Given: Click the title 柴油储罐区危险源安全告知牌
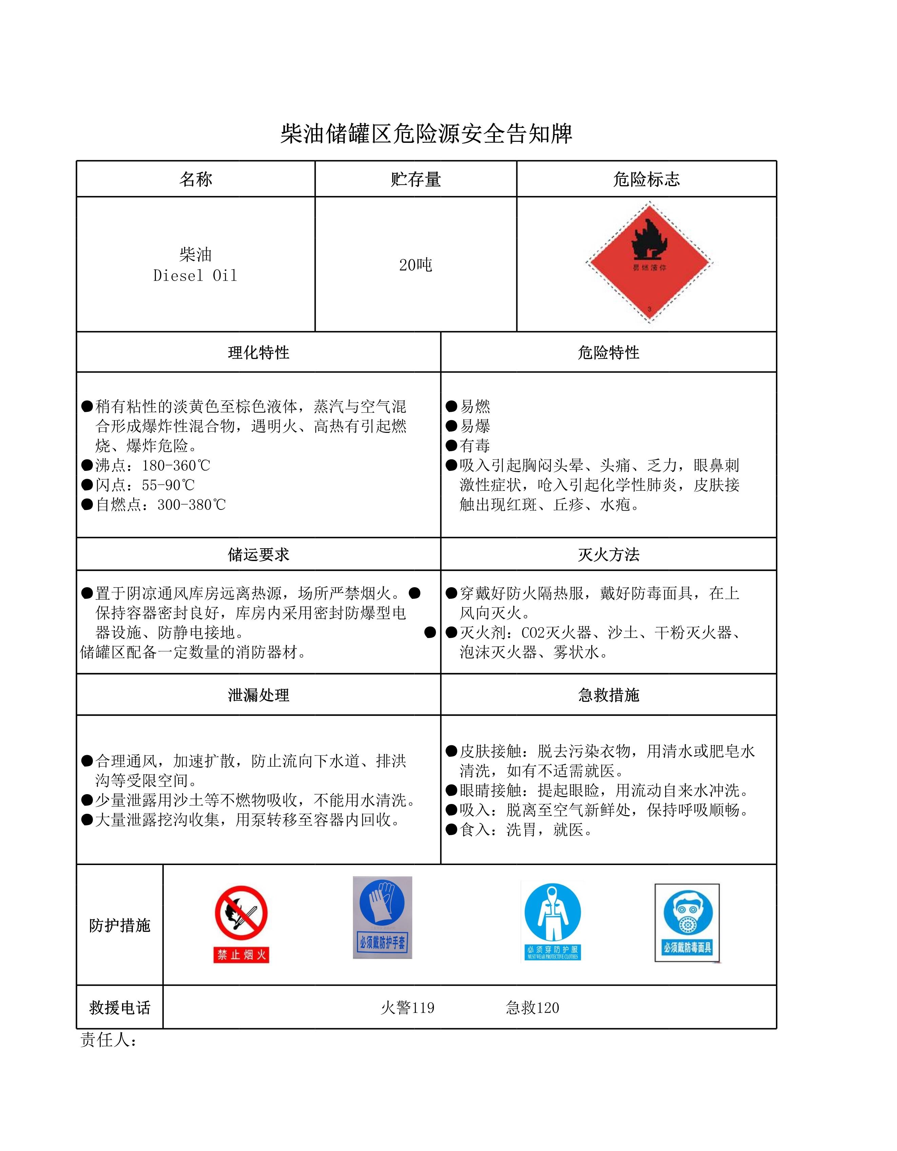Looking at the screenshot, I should click(426, 134).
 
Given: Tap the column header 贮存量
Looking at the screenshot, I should click(416, 179).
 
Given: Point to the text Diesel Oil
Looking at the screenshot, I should click(195, 276).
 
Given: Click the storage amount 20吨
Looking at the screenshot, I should click(416, 265).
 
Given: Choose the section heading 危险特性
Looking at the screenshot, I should click(609, 352).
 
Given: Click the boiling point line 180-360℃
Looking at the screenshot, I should click(153, 465).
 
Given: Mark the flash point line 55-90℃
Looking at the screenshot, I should click(145, 485).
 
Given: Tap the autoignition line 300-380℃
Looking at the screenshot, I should click(161, 504).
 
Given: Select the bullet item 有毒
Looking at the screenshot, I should click(475, 446).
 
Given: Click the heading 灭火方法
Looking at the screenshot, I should click(609, 554).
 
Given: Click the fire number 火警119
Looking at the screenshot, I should click(408, 1008).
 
